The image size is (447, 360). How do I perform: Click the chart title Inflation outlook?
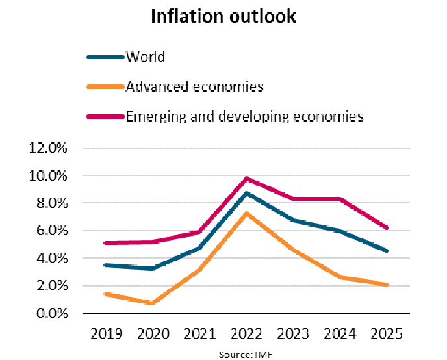pyautogui.click(x=224, y=17)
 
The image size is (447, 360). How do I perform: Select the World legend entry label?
pyautogui.click(x=146, y=57)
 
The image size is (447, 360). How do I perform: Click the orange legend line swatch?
pyautogui.click(x=105, y=87)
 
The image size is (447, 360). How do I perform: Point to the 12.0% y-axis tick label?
pyautogui.click(x=49, y=148)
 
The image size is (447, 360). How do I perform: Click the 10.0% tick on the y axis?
pyautogui.click(x=49, y=175)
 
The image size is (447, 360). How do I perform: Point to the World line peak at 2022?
pyautogui.click(x=246, y=193)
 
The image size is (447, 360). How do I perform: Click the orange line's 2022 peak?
pyautogui.click(x=246, y=213)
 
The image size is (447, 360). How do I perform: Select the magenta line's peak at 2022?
pyautogui.click(x=246, y=178)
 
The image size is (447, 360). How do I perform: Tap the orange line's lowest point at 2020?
pyautogui.click(x=151, y=303)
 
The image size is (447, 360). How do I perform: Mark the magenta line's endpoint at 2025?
pyautogui.click(x=387, y=228)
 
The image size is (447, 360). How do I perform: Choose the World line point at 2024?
pyautogui.click(x=340, y=231)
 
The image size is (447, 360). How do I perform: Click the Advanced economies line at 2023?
pyautogui.click(x=293, y=250)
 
